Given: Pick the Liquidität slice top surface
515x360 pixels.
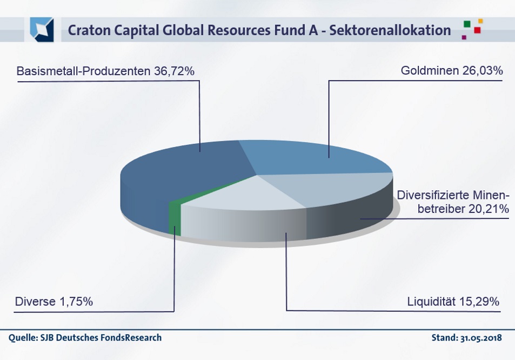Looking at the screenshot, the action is point(243,194).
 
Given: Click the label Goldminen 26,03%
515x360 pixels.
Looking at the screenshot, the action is point(452,71).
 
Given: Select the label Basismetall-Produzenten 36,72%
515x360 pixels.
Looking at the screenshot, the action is point(105,71).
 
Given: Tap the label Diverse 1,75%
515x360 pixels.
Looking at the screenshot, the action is point(54,302).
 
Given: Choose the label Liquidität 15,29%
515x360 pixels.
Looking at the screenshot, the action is point(453,302).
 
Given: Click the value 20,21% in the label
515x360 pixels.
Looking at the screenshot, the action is point(489,209).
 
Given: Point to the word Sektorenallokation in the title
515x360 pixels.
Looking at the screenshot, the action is point(390,30).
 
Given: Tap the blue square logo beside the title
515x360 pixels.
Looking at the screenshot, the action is point(42,30).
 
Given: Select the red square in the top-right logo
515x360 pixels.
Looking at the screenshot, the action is point(477,30).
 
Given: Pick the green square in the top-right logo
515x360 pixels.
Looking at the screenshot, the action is point(467,24).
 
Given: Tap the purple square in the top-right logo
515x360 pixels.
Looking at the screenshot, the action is point(464,37).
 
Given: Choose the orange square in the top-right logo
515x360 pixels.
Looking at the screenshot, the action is point(480,21).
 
